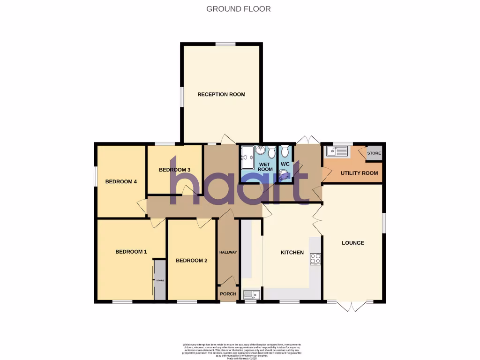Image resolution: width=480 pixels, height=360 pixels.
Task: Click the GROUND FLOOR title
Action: [x=239, y=9]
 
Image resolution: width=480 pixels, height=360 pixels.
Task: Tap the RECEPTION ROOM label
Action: [x=221, y=94]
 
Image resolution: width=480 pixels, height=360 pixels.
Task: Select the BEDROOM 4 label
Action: [x=120, y=182]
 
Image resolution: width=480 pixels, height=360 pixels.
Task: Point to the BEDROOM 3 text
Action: [x=174, y=170]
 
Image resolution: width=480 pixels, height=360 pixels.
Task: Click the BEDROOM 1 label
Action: [x=131, y=252]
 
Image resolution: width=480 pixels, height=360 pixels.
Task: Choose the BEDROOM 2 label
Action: [x=191, y=261]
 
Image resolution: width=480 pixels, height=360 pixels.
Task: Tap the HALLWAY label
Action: [x=228, y=252]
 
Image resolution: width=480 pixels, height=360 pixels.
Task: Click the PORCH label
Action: [x=228, y=294]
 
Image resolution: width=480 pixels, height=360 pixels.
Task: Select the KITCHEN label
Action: [x=292, y=253]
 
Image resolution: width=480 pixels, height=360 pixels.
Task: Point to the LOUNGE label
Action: [x=353, y=243]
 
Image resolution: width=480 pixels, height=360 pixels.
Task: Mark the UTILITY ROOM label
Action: [x=359, y=173]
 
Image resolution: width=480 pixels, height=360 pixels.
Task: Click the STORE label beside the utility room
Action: [x=374, y=153]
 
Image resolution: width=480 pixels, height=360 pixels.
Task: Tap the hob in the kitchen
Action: [x=315, y=259]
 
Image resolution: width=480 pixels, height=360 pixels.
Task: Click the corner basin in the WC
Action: [x=283, y=175]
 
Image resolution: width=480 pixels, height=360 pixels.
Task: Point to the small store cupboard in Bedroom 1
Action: [x=160, y=280]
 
